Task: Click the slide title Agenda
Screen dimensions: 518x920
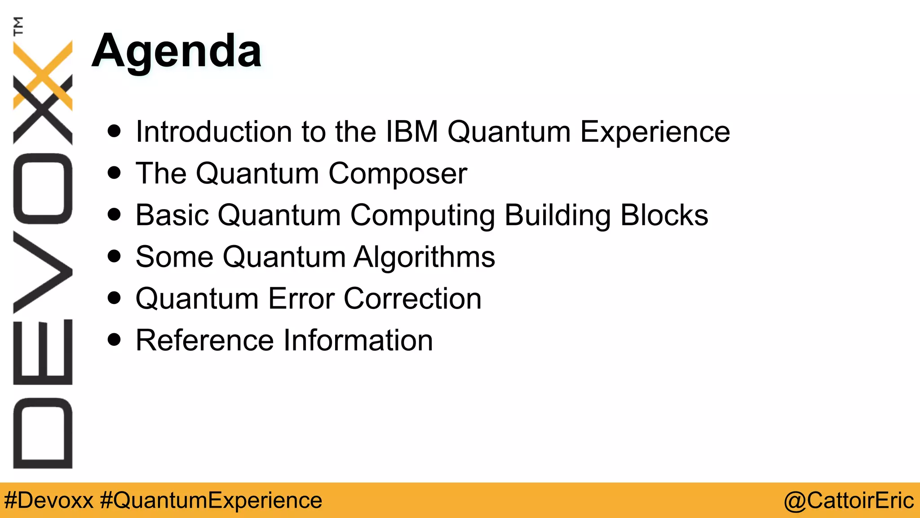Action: click(176, 52)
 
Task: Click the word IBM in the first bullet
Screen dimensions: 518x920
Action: click(412, 132)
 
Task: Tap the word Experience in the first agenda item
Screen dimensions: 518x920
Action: click(655, 132)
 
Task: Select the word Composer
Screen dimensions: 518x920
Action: click(398, 174)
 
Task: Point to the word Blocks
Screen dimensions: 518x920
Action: click(664, 215)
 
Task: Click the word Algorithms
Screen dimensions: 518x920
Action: click(424, 257)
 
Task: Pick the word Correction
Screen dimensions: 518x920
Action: click(412, 299)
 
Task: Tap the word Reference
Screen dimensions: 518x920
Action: click(204, 340)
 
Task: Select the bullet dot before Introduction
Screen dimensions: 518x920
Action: click(115, 131)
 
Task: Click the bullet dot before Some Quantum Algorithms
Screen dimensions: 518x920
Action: click(115, 256)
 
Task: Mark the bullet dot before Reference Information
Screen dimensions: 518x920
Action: click(115, 339)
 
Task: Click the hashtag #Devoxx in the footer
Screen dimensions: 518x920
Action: click(49, 500)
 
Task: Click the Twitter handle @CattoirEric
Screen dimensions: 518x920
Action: click(848, 500)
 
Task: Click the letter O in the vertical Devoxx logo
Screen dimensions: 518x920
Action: click(43, 189)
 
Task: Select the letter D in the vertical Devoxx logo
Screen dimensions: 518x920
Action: click(43, 433)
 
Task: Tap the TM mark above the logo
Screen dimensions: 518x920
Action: click(18, 26)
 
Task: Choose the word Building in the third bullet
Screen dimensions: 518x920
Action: click(557, 215)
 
